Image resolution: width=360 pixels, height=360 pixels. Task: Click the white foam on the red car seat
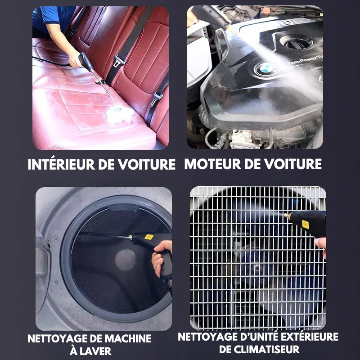point(120,114)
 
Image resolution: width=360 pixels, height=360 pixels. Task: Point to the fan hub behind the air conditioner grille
point(257,268)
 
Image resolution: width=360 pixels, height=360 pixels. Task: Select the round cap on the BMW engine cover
point(294,41)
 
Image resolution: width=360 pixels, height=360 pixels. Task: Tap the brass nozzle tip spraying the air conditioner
point(287,216)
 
